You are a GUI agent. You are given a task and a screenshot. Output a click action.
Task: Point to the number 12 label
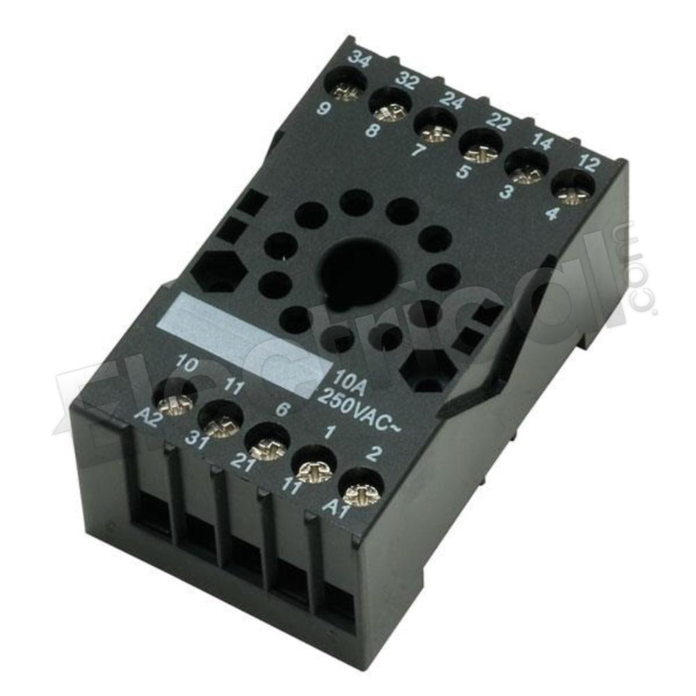[588, 166]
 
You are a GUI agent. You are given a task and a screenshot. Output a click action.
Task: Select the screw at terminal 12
[574, 189]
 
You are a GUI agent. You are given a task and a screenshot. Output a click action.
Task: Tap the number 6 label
[283, 410]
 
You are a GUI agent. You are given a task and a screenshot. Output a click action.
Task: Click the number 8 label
[373, 130]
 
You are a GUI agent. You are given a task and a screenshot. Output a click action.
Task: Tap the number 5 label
[462, 171]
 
